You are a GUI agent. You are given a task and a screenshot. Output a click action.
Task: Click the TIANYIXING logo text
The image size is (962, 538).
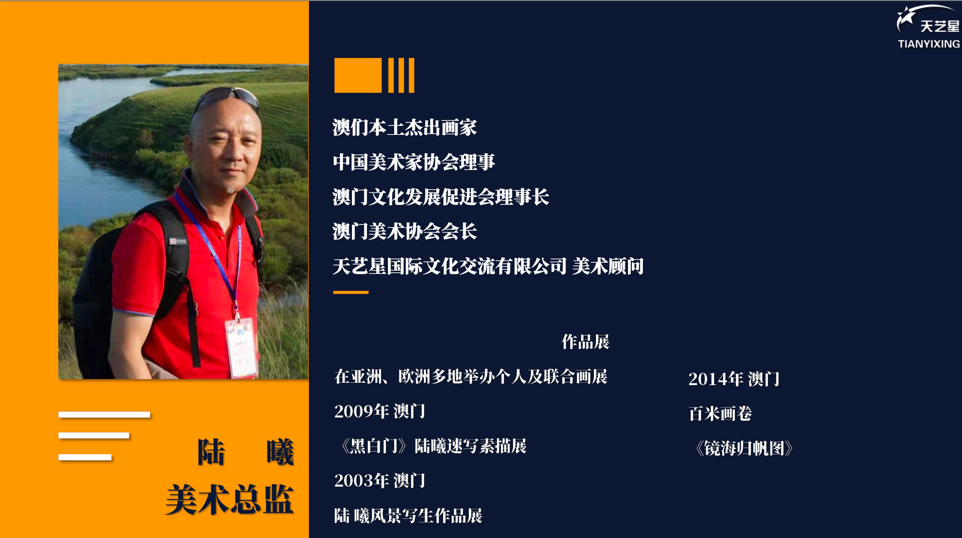click(x=929, y=44)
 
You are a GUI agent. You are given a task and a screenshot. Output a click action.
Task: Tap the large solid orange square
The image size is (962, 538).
click(x=358, y=75)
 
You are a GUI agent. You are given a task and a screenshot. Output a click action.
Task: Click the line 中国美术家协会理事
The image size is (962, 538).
click(x=414, y=162)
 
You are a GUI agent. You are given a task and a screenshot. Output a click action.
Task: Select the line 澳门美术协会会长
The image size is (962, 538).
click(x=405, y=231)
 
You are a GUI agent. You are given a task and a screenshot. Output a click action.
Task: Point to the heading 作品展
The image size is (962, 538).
click(x=585, y=342)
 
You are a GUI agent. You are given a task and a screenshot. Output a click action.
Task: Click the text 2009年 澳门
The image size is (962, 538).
click(x=380, y=411)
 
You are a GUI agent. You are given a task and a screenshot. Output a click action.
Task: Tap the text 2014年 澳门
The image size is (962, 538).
click(x=734, y=379)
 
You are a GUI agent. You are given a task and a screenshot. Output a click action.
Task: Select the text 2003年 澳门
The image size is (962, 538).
click(x=380, y=481)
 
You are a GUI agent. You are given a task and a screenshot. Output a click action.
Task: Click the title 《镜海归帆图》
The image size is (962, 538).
click(x=744, y=448)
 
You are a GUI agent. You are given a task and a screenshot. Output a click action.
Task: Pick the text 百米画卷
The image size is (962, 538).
click(x=720, y=414)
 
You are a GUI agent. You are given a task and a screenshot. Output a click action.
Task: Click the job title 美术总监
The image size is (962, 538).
click(x=230, y=499)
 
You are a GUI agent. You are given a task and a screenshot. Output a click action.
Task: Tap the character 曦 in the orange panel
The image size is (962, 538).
click(x=280, y=452)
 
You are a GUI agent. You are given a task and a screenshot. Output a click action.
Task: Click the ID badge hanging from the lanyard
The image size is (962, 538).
click(x=241, y=348)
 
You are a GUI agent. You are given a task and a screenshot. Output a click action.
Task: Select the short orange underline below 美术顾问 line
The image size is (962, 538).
click(x=351, y=292)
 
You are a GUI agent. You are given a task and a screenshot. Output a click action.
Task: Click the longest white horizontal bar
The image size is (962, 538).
click(x=104, y=414)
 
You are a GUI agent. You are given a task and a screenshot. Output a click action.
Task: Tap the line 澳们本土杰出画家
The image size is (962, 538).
click(x=405, y=127)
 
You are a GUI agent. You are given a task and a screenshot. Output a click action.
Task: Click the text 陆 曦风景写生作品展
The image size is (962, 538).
click(x=408, y=516)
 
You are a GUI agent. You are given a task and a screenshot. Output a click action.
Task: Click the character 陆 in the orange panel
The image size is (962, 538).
click(x=211, y=452)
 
